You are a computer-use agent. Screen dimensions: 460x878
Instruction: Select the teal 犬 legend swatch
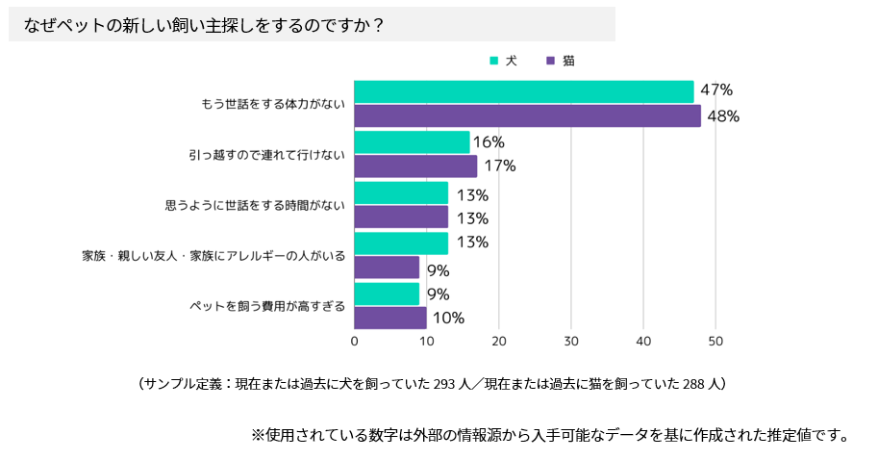click(x=494, y=61)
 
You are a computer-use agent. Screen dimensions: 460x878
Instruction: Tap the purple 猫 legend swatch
click(x=550, y=61)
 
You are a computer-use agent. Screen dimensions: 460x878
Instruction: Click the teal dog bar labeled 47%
click(x=524, y=91)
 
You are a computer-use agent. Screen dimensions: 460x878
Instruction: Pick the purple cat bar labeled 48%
click(x=528, y=116)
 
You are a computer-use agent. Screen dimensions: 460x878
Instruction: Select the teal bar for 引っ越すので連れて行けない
click(x=412, y=141)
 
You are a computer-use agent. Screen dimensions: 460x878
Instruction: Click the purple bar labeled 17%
click(x=415, y=166)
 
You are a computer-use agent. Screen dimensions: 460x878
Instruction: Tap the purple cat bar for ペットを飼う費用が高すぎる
click(x=390, y=318)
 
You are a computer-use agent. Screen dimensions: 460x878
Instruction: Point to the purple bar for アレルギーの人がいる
click(x=387, y=268)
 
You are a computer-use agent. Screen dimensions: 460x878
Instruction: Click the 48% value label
click(x=723, y=116)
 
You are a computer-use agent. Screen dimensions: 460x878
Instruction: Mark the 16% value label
click(x=489, y=141)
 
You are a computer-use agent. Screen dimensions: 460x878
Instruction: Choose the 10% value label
click(x=448, y=318)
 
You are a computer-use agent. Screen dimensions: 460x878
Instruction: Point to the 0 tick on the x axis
click(x=355, y=342)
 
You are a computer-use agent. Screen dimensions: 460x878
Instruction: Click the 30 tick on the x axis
click(x=571, y=342)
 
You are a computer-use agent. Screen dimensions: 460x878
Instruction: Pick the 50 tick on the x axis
click(x=715, y=342)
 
